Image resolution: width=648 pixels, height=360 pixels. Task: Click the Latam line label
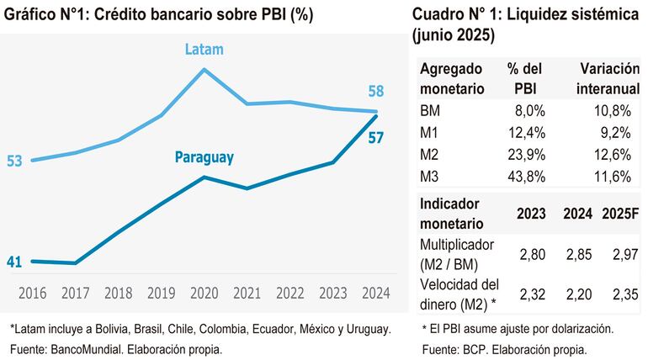click(x=204, y=50)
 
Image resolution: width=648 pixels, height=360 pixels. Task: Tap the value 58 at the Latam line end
click(x=375, y=91)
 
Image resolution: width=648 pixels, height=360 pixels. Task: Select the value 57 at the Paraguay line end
click(x=375, y=137)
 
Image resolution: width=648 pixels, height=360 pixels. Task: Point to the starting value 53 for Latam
click(x=14, y=161)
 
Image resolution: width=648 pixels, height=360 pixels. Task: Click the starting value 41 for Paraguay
click(x=14, y=262)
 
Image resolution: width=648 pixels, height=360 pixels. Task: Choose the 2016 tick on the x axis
click(x=32, y=293)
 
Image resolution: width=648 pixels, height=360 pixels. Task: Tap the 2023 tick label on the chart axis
click(x=332, y=293)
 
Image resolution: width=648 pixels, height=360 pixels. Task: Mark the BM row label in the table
click(x=429, y=110)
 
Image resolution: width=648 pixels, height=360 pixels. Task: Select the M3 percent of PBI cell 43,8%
click(x=528, y=176)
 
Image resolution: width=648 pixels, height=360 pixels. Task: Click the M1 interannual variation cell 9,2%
click(x=613, y=132)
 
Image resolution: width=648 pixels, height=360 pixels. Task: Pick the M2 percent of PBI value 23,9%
click(x=528, y=154)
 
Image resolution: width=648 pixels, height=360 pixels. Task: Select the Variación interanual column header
click(x=603, y=77)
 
